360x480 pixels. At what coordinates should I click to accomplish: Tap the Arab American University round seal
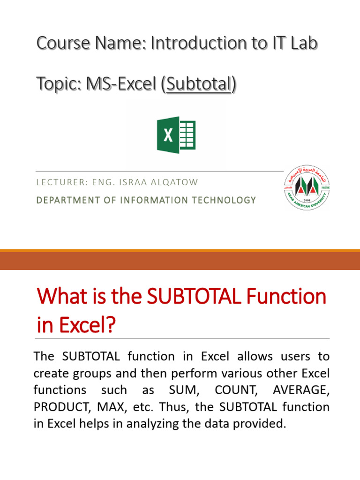point(307,187)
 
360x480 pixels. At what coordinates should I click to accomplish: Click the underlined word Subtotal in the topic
point(199,84)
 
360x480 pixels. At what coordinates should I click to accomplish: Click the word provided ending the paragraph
point(261,424)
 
